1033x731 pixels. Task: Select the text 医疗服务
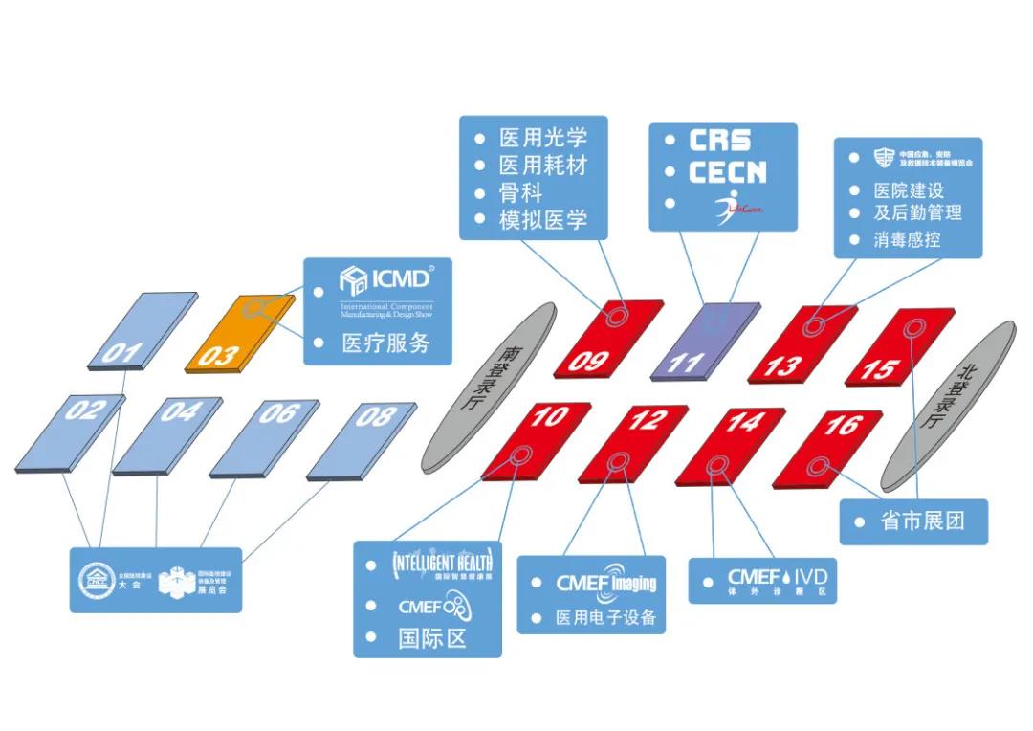[x=385, y=343]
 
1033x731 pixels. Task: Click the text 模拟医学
[x=542, y=220]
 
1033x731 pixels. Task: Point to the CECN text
[x=727, y=172]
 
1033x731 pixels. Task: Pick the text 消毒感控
[x=907, y=239]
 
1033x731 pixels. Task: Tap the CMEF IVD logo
[x=776, y=580]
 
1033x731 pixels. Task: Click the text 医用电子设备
[x=606, y=617]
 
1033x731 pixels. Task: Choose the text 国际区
[x=431, y=638]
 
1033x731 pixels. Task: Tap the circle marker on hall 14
[x=718, y=466]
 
